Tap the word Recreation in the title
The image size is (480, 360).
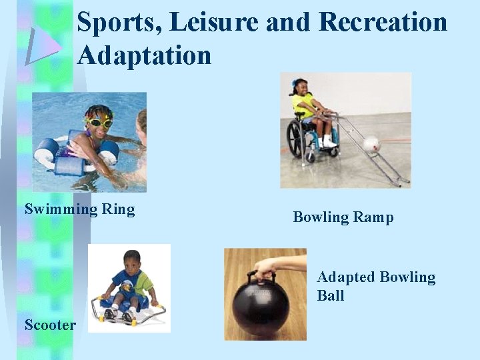[383, 23]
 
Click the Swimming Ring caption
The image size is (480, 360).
[79, 209]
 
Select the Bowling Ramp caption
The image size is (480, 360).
[343, 217]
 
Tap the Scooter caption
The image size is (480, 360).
[50, 325]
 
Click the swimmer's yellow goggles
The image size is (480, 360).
[99, 122]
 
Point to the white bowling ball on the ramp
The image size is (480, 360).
[371, 145]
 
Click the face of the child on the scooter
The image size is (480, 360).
[133, 260]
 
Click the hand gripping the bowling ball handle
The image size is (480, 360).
[266, 267]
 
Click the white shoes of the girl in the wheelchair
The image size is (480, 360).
[327, 143]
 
